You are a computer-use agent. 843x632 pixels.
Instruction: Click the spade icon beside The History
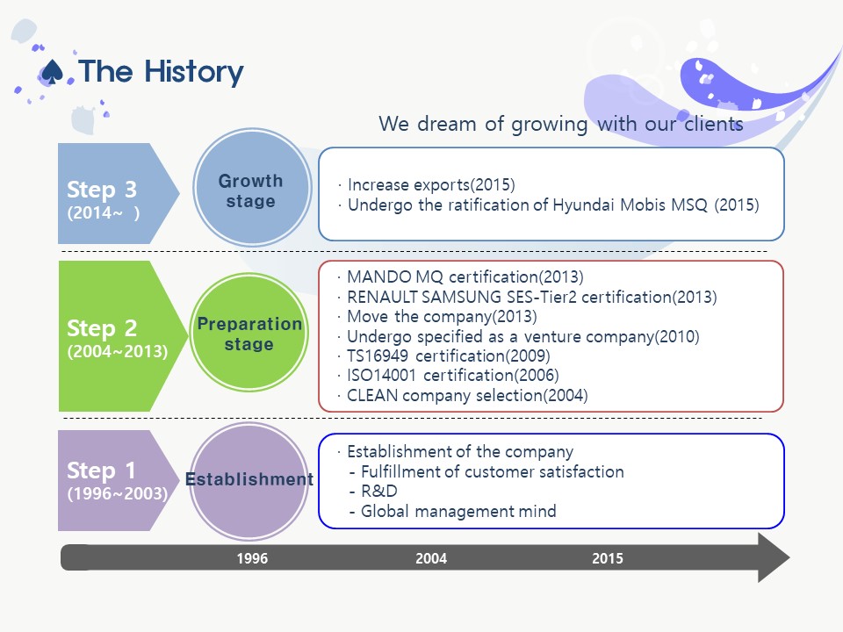click(x=52, y=72)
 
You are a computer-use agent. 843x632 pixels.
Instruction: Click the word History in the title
click(x=194, y=73)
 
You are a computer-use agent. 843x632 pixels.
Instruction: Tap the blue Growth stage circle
click(x=252, y=188)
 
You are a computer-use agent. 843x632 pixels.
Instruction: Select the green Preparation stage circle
click(x=249, y=333)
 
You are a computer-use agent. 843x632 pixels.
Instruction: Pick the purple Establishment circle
click(x=249, y=480)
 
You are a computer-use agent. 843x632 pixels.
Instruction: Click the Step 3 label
click(x=102, y=190)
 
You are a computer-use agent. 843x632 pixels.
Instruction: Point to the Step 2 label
click(x=102, y=327)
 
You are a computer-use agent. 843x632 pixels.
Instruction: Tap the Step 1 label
click(x=101, y=470)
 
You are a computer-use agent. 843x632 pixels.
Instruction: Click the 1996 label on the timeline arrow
click(x=252, y=558)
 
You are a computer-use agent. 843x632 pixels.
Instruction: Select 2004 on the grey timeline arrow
click(x=431, y=558)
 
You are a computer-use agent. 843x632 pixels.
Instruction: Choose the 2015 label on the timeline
click(x=608, y=558)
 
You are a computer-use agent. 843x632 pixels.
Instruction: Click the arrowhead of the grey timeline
click(x=774, y=557)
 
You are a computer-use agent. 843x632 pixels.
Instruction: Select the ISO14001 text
click(x=381, y=375)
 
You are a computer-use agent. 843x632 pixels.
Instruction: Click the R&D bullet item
click(x=379, y=492)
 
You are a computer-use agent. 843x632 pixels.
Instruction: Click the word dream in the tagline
click(x=447, y=124)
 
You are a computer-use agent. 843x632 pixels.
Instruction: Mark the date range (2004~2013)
click(x=118, y=351)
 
